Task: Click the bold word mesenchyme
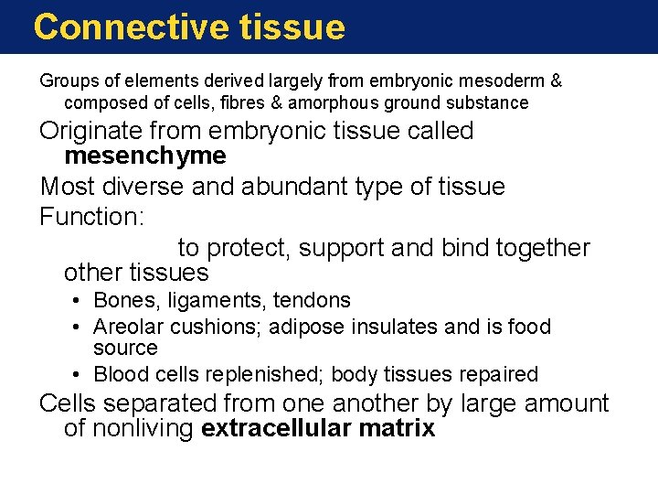click(144, 156)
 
